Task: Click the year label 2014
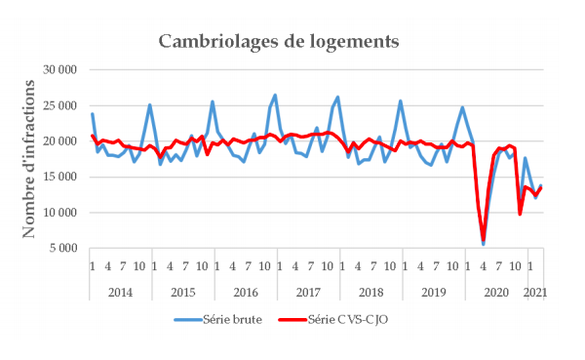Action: click(x=119, y=292)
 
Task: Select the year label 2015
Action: click(x=182, y=292)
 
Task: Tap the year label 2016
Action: click(x=245, y=292)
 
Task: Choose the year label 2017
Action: click(x=308, y=292)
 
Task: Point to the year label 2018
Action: click(x=370, y=292)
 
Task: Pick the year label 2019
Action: click(x=433, y=292)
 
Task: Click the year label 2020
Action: click(x=495, y=292)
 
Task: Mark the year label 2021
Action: click(x=535, y=292)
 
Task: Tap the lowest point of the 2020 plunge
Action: click(x=484, y=243)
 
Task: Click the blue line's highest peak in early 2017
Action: click(x=275, y=96)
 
